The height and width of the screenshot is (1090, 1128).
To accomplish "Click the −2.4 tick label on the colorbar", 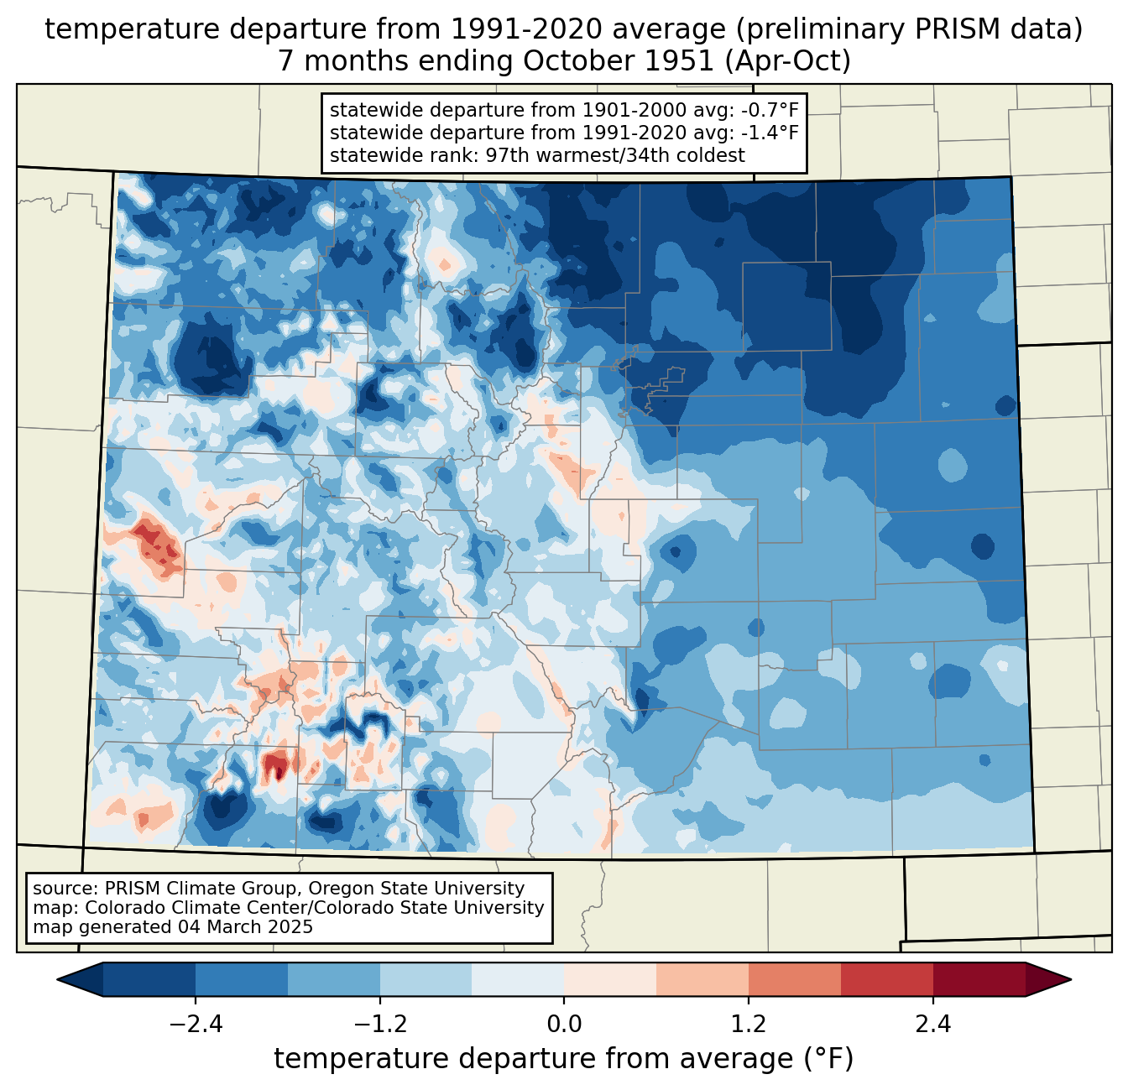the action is click(196, 1025).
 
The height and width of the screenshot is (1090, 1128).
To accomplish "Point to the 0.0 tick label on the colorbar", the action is click(564, 1025).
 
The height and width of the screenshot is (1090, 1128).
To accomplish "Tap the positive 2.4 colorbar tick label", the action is click(933, 1025).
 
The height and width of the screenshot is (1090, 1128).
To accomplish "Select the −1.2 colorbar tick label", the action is click(380, 1025).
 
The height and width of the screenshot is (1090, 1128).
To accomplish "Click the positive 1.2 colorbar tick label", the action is click(749, 1025).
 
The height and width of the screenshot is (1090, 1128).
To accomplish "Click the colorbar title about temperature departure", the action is click(563, 1058).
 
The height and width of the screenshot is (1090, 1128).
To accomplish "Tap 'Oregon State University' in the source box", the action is click(416, 889).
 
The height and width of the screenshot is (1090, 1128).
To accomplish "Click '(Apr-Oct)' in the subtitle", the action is click(788, 61).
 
